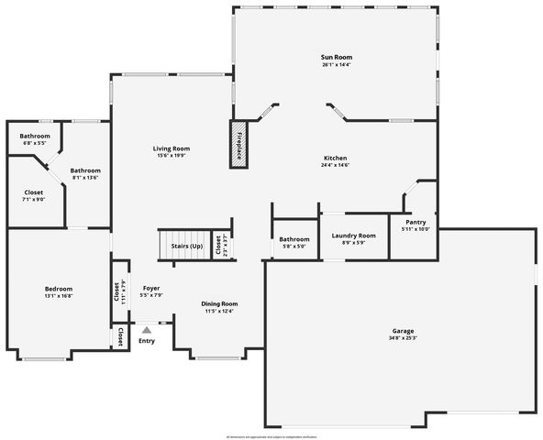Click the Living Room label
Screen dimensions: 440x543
click(171, 148)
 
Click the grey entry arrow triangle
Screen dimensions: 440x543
click(146, 329)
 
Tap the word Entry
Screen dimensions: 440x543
click(146, 341)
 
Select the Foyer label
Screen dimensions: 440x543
click(151, 288)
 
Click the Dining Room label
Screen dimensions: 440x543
click(219, 303)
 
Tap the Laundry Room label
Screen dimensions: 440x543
click(353, 236)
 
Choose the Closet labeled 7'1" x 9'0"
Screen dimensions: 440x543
click(33, 192)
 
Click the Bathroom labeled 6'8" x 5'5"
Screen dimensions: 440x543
click(35, 136)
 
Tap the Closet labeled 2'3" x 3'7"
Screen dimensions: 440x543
click(218, 245)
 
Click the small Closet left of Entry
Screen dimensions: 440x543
click(120, 337)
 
